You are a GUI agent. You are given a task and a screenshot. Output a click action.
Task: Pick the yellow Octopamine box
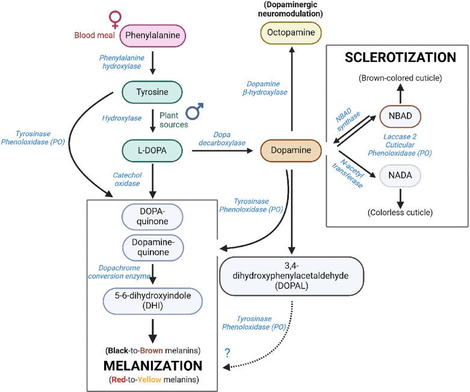tap(291, 34)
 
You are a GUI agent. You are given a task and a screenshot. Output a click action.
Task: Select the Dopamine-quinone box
tap(153, 247)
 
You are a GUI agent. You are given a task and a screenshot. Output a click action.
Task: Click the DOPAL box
tap(291, 277)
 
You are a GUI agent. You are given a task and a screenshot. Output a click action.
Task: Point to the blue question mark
tap(228, 352)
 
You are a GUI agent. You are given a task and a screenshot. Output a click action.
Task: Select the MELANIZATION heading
tap(153, 366)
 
